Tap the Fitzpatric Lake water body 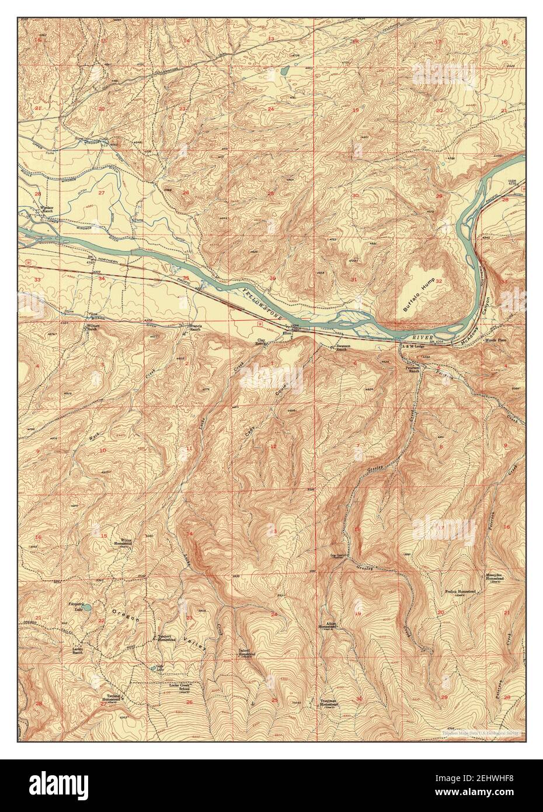coord(86,608)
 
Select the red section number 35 coord(186,279)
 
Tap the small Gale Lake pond coord(156,667)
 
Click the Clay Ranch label coord(262,343)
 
